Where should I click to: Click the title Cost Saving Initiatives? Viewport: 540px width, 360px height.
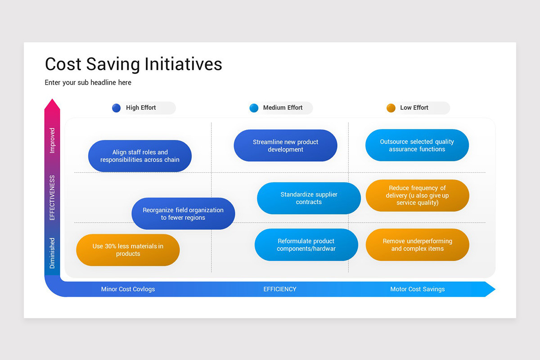(134, 64)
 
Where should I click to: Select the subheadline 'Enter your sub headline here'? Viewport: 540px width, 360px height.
(88, 83)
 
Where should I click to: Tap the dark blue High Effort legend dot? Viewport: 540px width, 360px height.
(117, 108)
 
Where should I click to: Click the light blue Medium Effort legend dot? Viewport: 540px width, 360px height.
(254, 108)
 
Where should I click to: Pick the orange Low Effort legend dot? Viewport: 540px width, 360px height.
(391, 108)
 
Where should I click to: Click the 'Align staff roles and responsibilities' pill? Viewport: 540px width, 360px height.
(140, 156)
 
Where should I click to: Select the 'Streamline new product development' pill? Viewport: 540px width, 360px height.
(285, 145)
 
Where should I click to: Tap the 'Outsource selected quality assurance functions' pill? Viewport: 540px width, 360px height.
(417, 145)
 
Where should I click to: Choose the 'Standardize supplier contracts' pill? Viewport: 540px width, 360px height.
(309, 198)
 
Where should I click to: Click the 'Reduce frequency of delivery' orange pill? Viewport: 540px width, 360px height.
(417, 195)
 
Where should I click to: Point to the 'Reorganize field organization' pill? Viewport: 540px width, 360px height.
(183, 214)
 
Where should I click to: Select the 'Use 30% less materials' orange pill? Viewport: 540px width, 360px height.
(128, 250)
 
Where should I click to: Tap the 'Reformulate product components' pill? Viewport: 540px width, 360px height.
(306, 245)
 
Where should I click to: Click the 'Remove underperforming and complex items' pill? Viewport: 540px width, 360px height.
(417, 245)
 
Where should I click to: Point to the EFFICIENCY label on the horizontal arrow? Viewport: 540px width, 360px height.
(280, 289)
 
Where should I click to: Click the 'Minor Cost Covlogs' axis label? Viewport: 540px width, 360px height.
(128, 289)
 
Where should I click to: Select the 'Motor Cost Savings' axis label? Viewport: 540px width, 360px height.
(417, 289)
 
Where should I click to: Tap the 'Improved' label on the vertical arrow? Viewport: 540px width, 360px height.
(52, 140)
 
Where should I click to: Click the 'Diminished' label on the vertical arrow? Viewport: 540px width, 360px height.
(52, 253)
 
